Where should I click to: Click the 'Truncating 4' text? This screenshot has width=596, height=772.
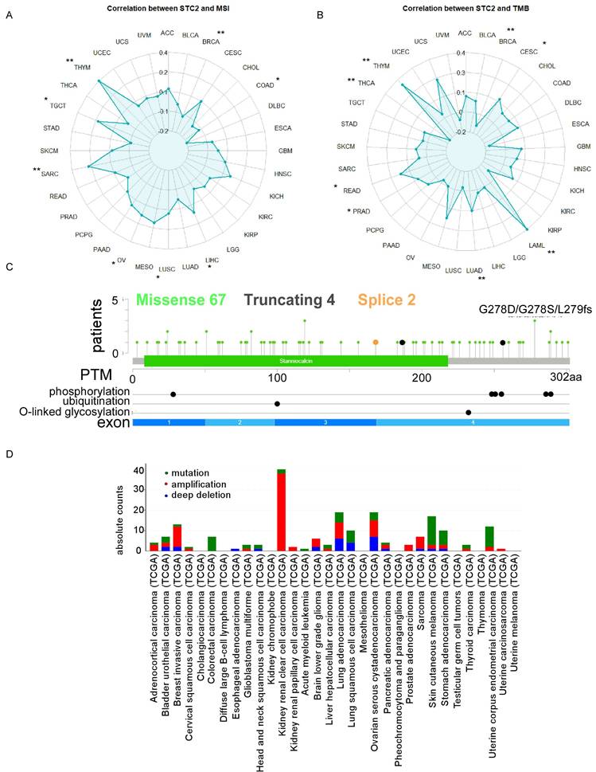[293, 300]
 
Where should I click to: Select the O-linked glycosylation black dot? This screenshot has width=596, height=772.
[469, 412]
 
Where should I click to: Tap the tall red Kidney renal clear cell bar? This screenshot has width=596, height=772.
[281, 509]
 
